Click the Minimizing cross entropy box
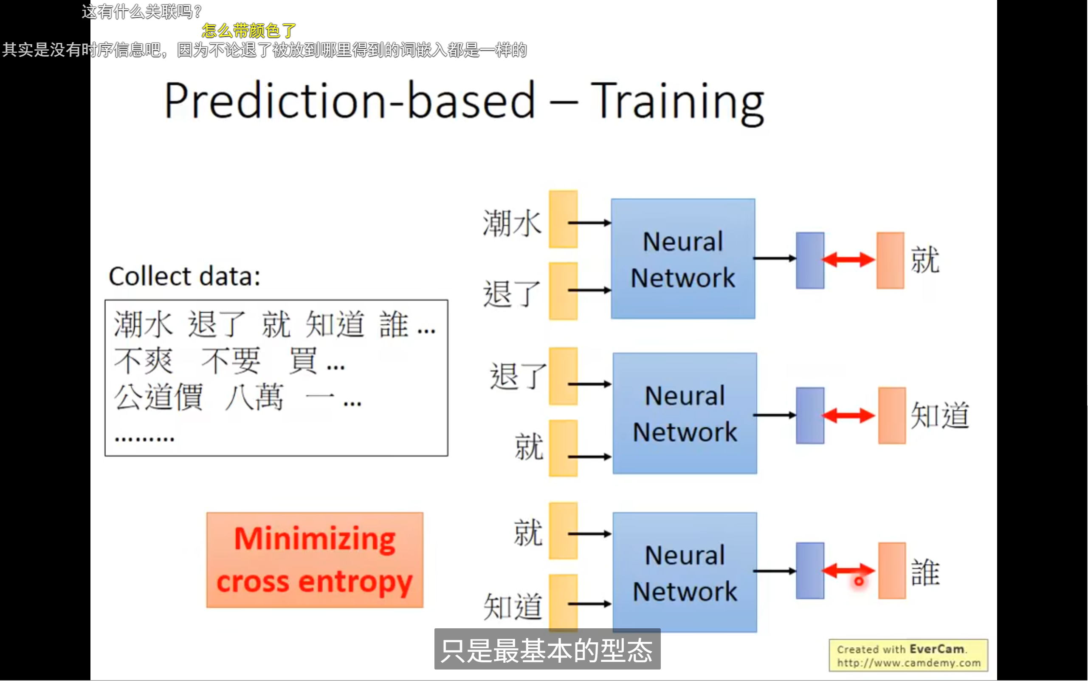(x=315, y=560)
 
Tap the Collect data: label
(x=184, y=276)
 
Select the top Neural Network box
(x=682, y=259)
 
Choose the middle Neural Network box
(x=685, y=414)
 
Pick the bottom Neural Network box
(x=685, y=572)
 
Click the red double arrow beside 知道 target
(x=848, y=415)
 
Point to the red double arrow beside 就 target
(x=848, y=259)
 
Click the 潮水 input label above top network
(x=511, y=223)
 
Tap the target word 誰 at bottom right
(x=925, y=573)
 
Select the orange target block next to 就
(x=890, y=260)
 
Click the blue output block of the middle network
(x=809, y=415)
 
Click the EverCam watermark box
(x=908, y=655)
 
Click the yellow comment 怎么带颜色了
(x=249, y=31)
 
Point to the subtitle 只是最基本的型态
(x=547, y=650)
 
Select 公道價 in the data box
(x=158, y=397)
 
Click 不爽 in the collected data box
(x=143, y=361)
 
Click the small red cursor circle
(x=859, y=582)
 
